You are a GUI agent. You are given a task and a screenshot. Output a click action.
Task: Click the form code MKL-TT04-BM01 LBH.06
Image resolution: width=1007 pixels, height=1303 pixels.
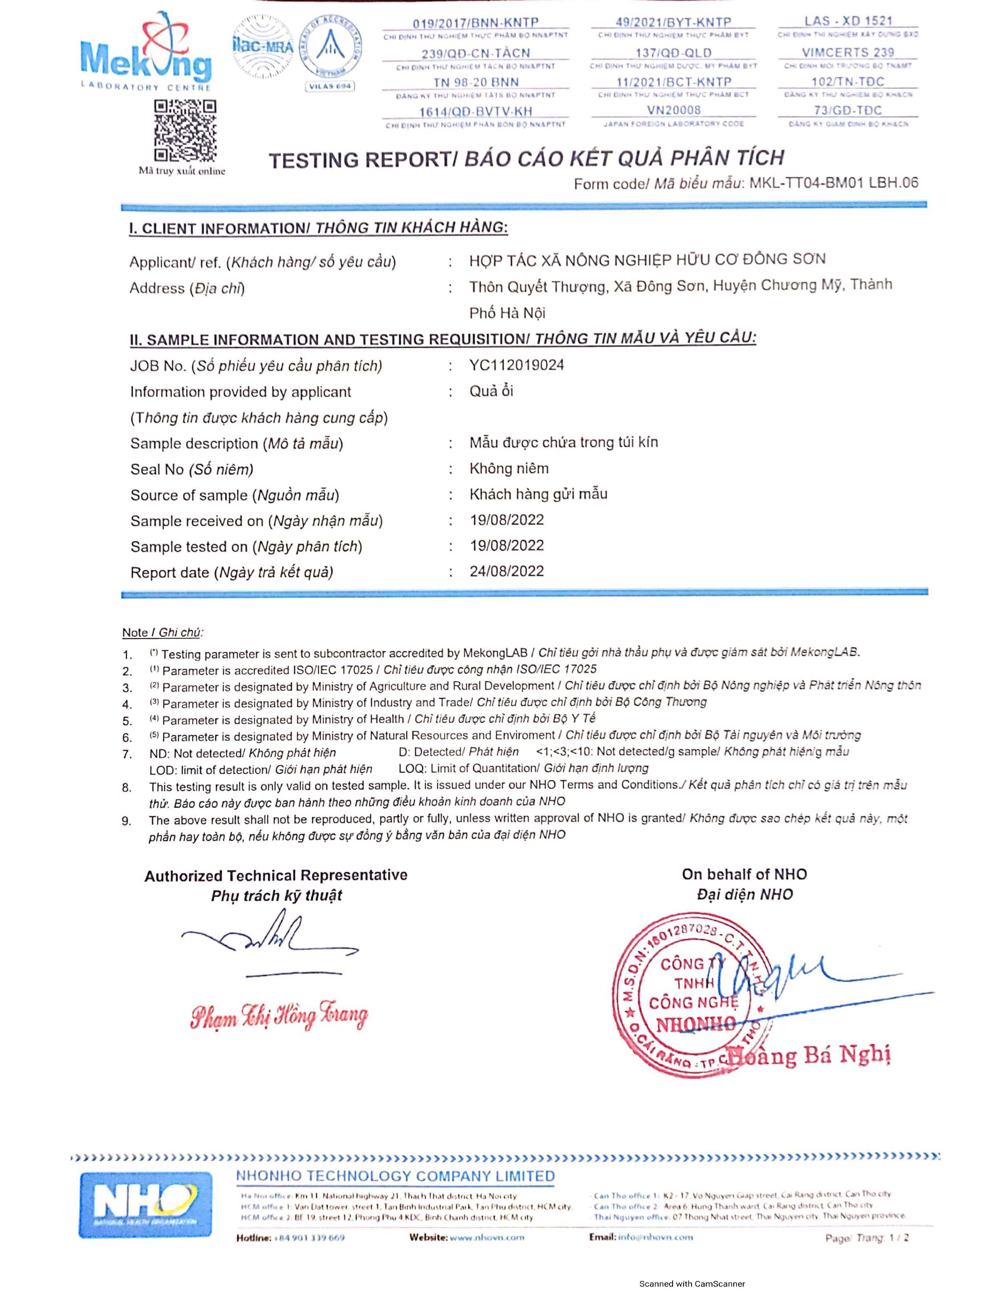(833, 182)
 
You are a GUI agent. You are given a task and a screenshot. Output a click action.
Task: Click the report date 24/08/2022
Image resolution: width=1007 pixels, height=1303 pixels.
(507, 571)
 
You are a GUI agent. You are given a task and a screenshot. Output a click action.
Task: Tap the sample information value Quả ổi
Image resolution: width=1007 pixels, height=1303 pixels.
(491, 391)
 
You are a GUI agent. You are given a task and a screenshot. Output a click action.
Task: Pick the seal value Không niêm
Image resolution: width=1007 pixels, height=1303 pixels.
(509, 468)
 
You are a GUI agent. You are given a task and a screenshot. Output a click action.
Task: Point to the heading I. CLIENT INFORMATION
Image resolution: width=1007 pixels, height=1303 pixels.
(319, 228)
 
